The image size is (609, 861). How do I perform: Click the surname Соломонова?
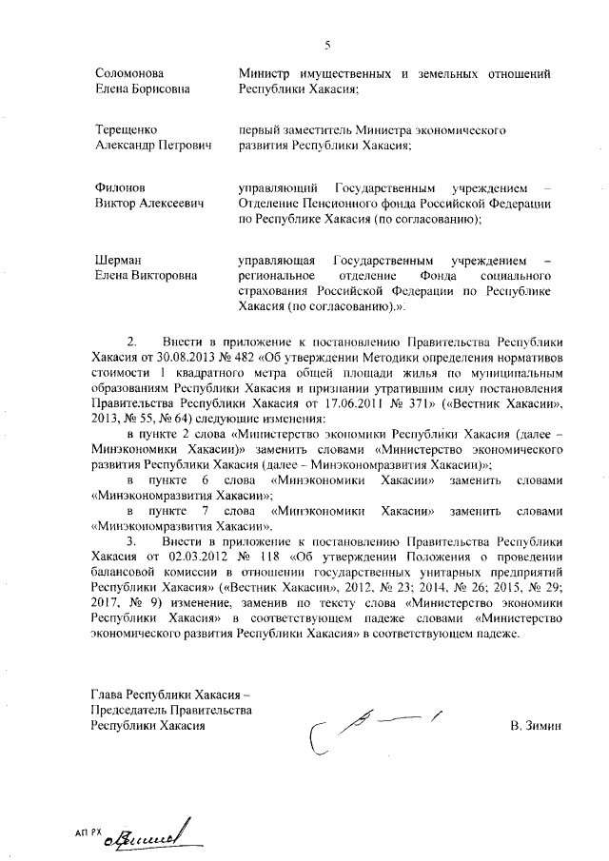pos(130,73)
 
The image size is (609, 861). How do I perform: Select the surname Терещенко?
pos(126,128)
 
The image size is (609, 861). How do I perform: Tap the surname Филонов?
pos(120,187)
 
